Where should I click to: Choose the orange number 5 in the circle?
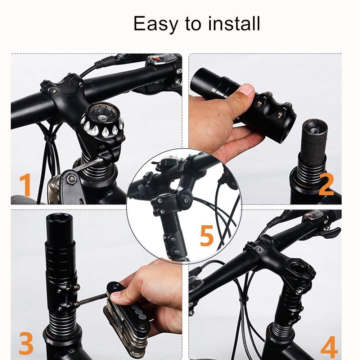[x=207, y=235]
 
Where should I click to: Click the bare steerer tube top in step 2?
[x=314, y=124]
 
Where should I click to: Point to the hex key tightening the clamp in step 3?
[x=92, y=299]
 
